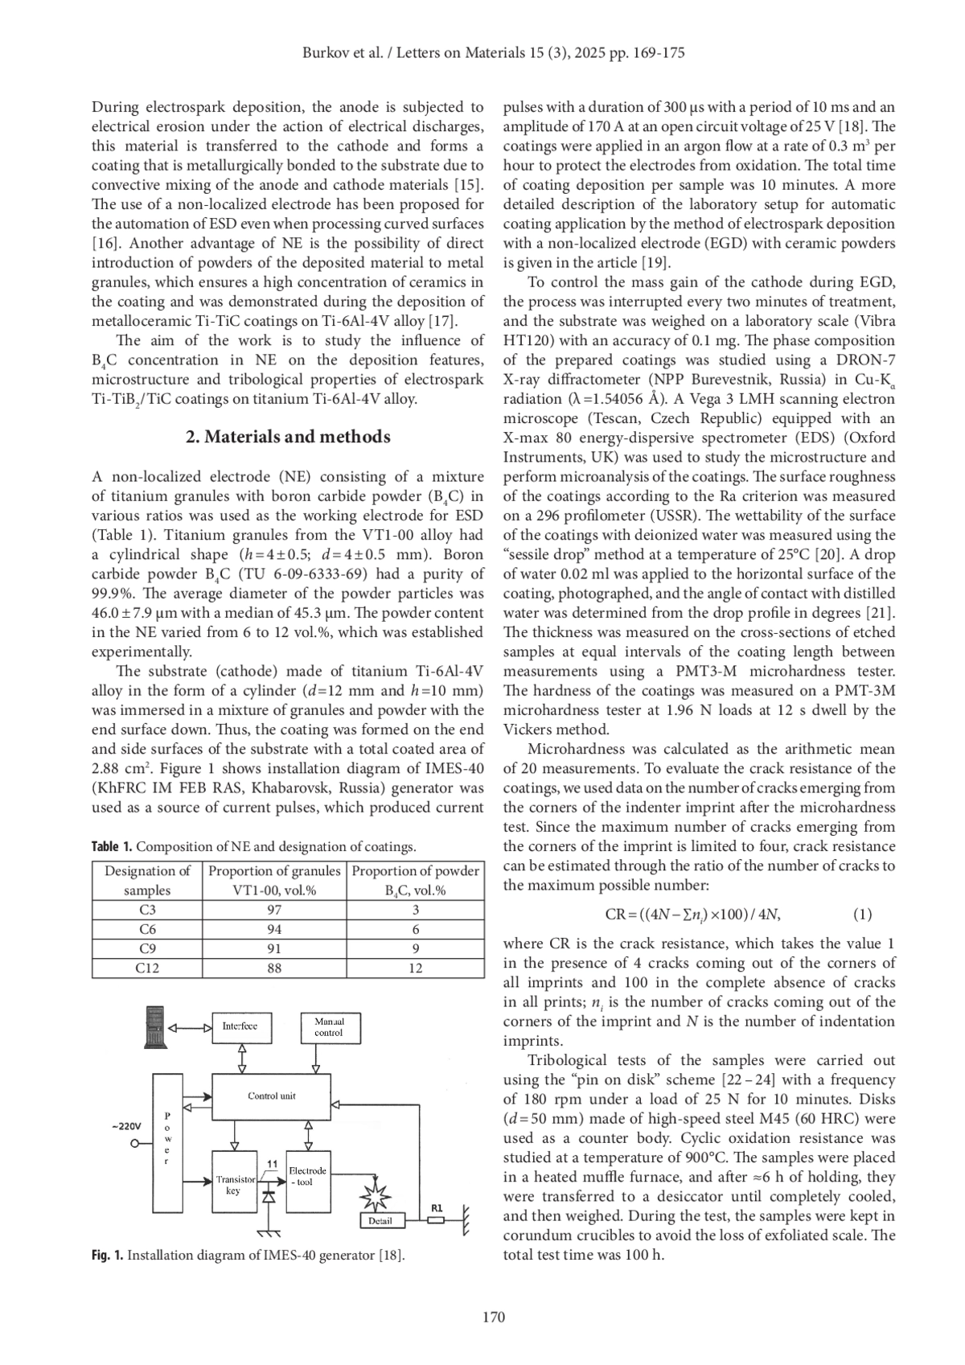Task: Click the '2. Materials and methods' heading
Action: (288, 437)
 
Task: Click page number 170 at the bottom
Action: (493, 1317)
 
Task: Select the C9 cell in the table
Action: (147, 948)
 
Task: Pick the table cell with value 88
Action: (274, 968)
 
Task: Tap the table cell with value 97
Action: (274, 910)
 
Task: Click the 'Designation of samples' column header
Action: (147, 880)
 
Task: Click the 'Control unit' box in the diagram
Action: (271, 1096)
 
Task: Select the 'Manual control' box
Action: (329, 1026)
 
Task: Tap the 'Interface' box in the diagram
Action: (240, 1026)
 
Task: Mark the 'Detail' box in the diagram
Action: (380, 1221)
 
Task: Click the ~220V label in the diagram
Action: (126, 1126)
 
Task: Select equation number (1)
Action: (861, 914)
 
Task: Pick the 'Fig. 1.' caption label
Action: (107, 1255)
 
